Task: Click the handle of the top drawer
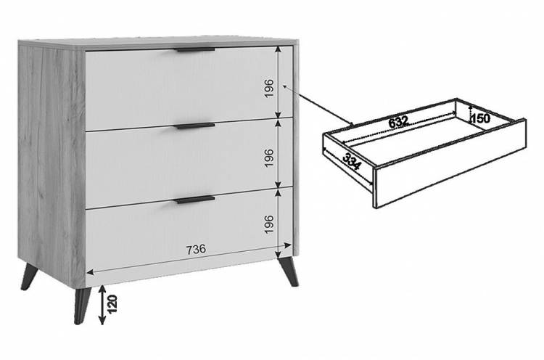195,49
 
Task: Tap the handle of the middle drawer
195,126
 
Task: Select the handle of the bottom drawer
195,200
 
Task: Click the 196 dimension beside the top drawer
269,88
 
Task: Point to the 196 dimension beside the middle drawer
269,158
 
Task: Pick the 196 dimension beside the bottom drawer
269,224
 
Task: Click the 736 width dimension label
196,249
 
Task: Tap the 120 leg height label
112,304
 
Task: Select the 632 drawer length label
398,122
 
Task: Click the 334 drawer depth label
352,161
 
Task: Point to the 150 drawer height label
480,119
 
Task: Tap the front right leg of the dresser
289,271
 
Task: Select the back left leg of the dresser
29,277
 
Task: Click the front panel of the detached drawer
450,163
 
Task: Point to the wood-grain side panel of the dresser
52,163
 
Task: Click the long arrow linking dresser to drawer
318,105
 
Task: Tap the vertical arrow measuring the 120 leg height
102,305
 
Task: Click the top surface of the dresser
158,42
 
